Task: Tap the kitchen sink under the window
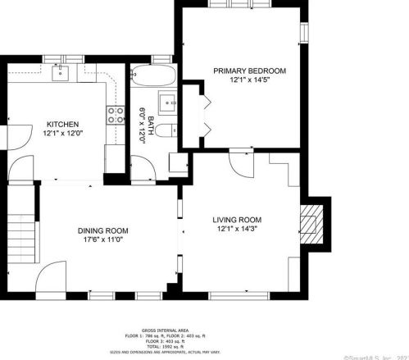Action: tap(60, 75)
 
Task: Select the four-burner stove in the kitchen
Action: tap(116, 114)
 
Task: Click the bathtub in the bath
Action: tap(153, 78)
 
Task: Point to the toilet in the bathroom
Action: tap(164, 132)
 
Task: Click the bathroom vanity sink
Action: tap(169, 104)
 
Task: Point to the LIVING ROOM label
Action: tap(237, 219)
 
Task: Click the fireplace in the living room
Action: tap(311, 219)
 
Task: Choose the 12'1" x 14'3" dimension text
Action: tap(237, 230)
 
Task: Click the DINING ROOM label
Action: tap(102, 230)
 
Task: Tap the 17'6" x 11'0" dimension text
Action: tap(102, 240)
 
